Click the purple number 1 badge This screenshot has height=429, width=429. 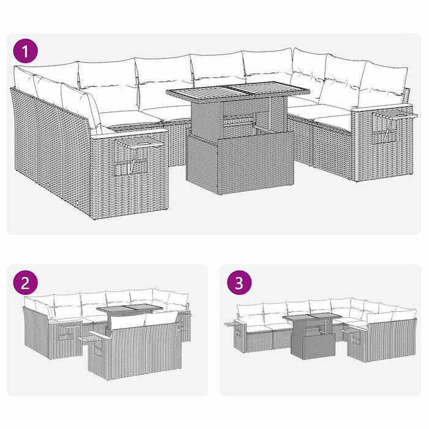[x=26, y=50]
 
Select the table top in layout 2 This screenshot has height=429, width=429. [x=129, y=311]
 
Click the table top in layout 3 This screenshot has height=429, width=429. [x=311, y=317]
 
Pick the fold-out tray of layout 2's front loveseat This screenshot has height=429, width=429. [x=92, y=336]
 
